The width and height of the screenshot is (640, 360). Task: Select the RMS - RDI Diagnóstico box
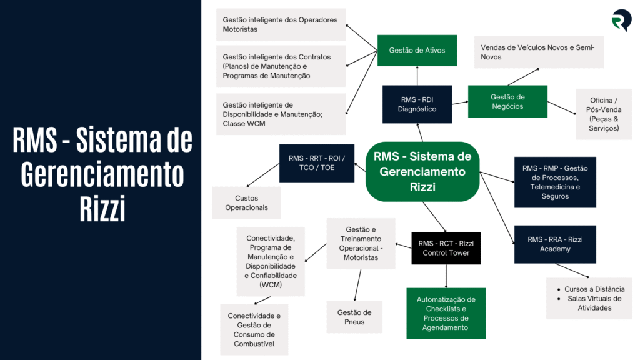417,104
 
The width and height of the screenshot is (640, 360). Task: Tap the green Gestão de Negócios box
507,101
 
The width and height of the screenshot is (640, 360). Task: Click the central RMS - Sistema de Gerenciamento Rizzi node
422,171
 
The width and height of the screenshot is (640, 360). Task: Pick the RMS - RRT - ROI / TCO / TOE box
316,162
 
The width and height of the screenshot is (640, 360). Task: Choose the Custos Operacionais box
246,202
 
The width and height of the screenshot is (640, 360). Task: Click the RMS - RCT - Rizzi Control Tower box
446,248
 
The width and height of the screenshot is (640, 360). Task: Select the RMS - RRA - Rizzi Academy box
546,244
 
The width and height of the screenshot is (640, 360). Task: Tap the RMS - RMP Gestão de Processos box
555,182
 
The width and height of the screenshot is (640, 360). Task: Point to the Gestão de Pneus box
354,317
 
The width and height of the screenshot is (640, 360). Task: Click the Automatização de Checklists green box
446,314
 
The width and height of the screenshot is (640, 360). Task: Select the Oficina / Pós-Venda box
604,114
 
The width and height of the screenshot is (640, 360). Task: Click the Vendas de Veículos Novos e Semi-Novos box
539,52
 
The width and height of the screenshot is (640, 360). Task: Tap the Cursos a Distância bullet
594,289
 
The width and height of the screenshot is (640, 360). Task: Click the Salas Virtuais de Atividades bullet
594,303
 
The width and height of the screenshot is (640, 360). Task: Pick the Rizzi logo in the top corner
621,21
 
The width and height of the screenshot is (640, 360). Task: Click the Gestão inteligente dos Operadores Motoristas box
280,24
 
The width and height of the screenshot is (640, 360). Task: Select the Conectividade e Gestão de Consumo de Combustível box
254,329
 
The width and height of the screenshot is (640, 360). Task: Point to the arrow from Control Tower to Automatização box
446,275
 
